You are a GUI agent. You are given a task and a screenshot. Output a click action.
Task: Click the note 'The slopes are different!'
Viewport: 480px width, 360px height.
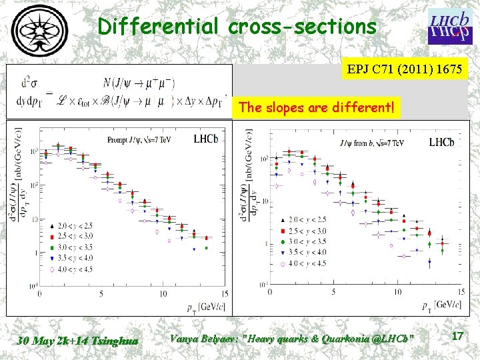tap(316, 107)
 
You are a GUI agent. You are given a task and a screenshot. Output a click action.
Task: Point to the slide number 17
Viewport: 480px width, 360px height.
tap(457, 337)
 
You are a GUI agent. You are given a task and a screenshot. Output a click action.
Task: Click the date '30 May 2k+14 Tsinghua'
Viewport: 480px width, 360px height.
tap(78, 341)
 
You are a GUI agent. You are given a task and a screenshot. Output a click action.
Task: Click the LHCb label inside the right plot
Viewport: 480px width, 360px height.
tap(441, 142)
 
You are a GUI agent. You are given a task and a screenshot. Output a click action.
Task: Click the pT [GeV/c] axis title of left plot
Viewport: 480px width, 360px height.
tap(207, 307)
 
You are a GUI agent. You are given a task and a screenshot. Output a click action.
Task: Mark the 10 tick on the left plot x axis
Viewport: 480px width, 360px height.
tap(163, 293)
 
